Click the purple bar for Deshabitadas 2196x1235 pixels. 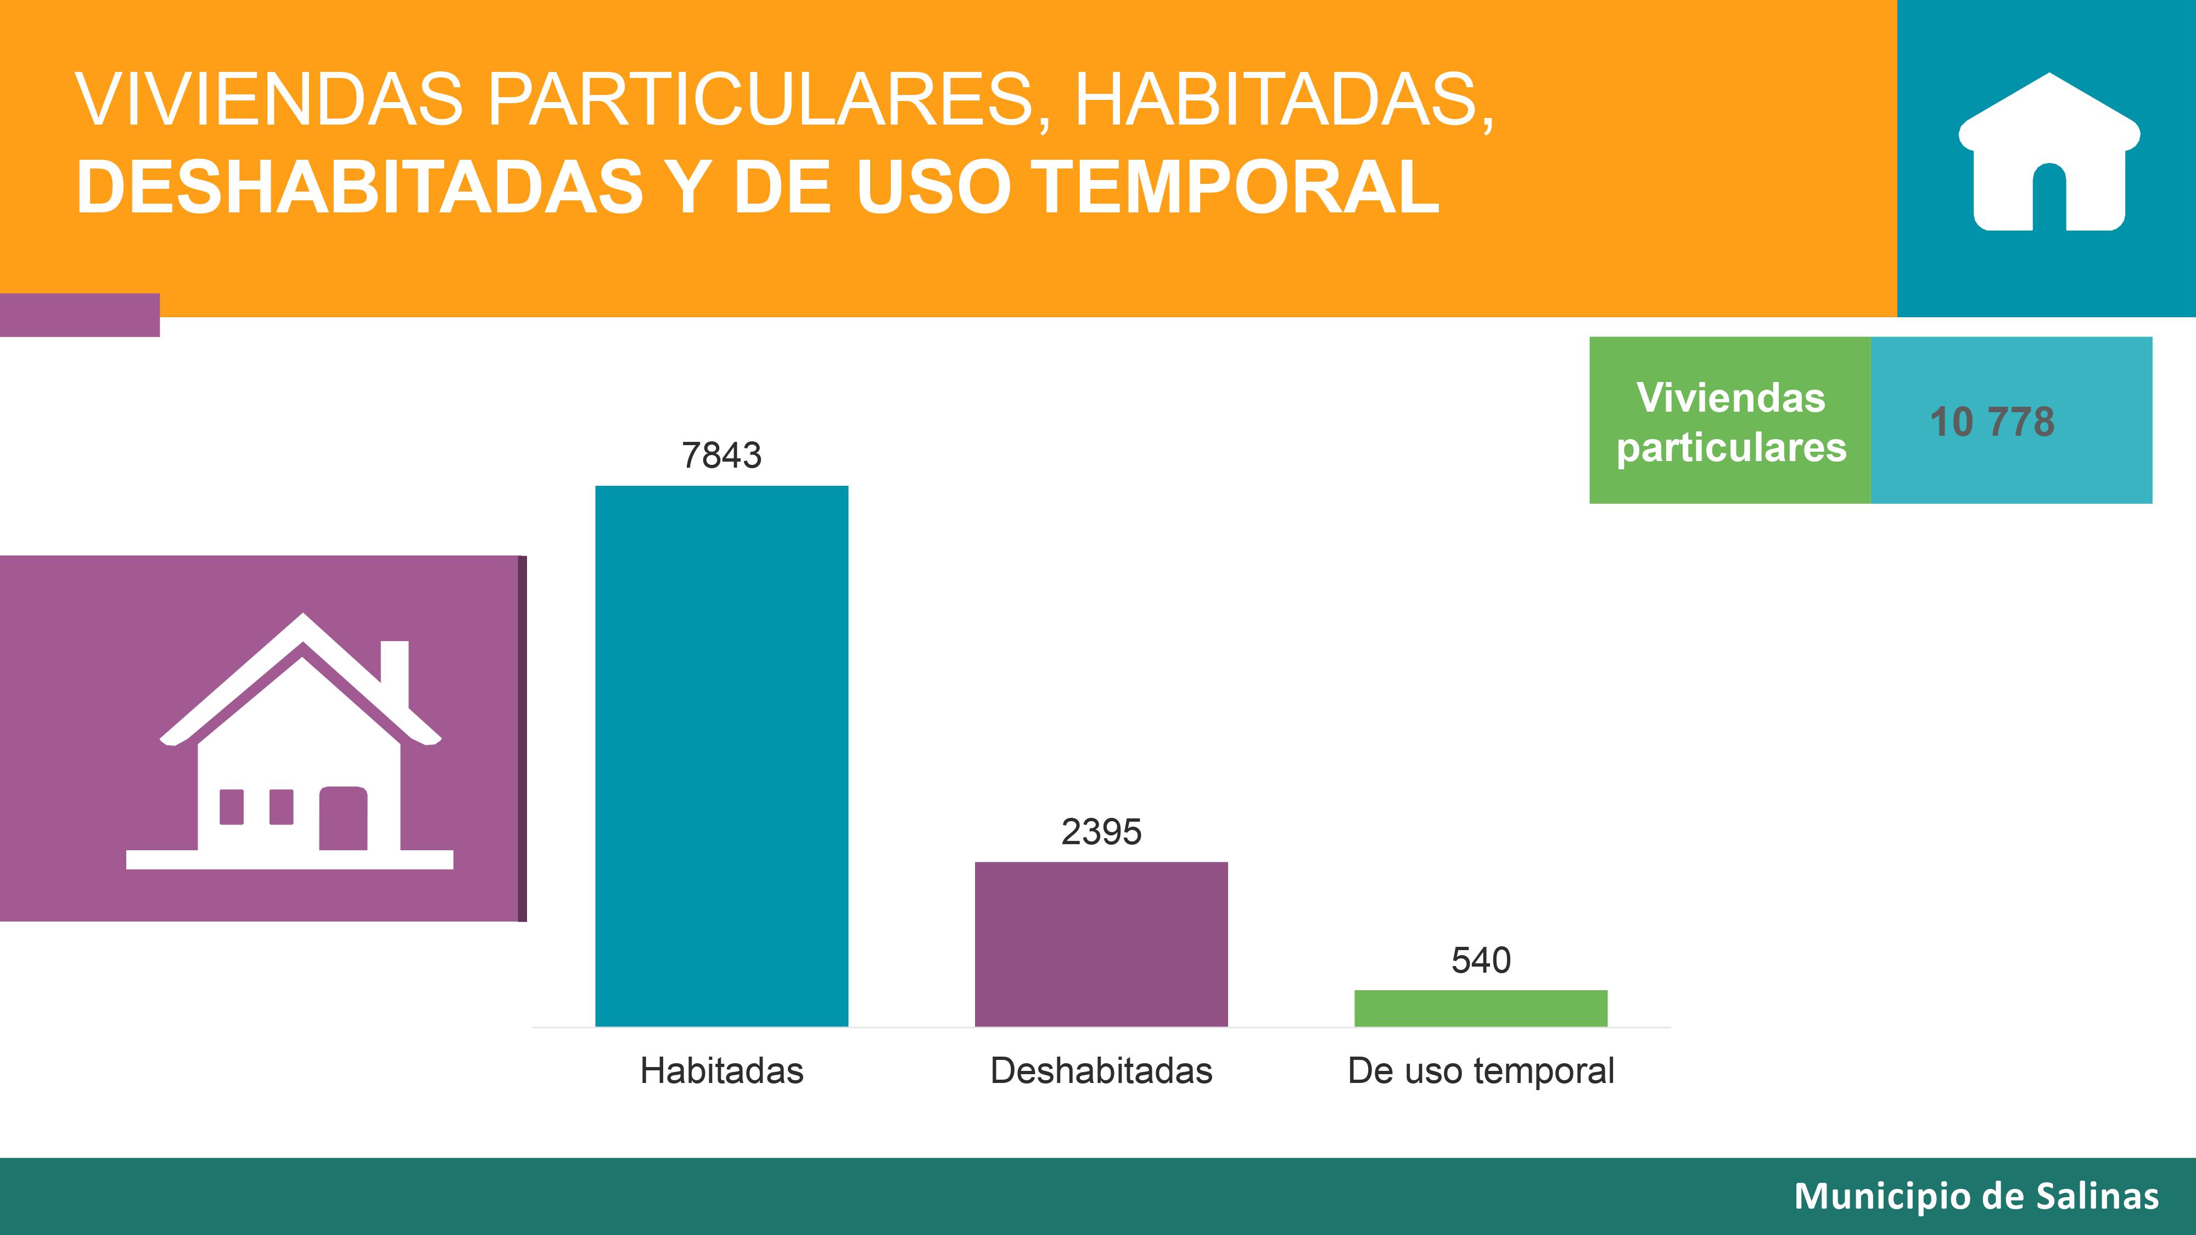[1101, 944]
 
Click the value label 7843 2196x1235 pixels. [721, 455]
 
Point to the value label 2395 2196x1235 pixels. [1101, 832]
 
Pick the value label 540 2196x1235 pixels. [1481, 961]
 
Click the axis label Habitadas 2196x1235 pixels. [721, 1070]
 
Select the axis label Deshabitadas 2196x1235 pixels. [1101, 1070]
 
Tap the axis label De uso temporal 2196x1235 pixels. [1481, 1070]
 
